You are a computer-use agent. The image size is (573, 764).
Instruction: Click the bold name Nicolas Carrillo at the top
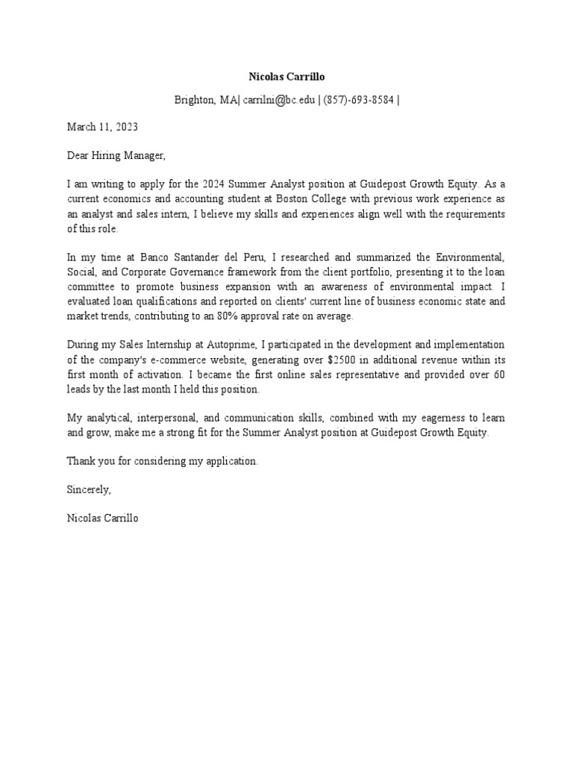(x=286, y=77)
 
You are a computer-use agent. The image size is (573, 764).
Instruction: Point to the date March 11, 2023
(x=102, y=127)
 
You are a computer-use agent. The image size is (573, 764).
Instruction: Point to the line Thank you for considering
(x=162, y=461)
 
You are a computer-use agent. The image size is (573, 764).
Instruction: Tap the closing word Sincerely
(x=89, y=489)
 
